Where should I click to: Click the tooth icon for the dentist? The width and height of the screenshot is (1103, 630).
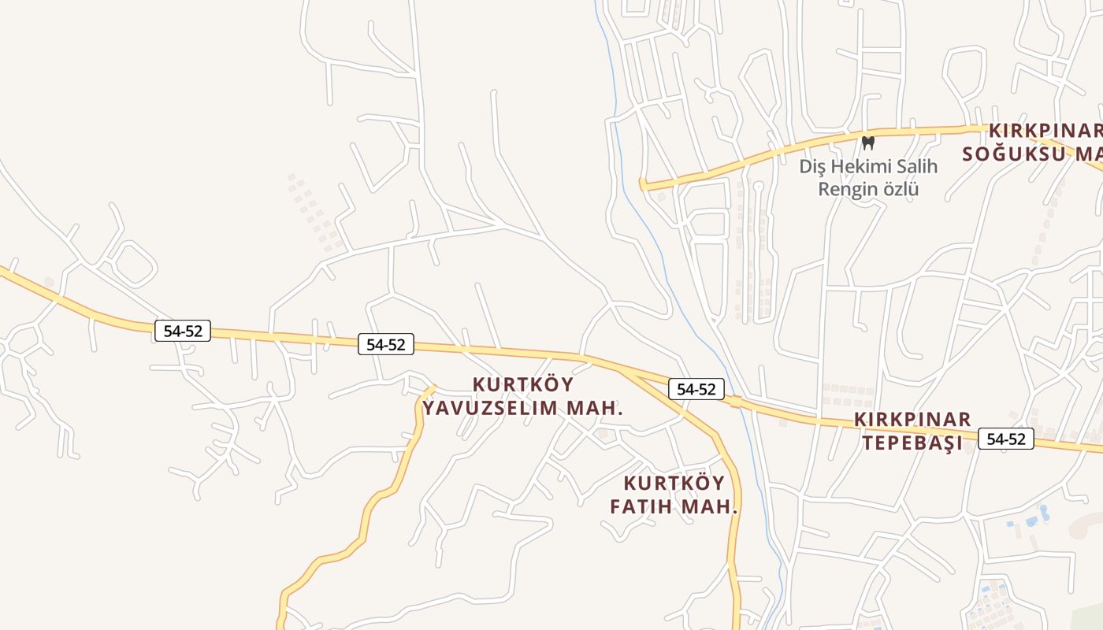click(x=868, y=143)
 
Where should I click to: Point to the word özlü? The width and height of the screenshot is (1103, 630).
click(x=901, y=189)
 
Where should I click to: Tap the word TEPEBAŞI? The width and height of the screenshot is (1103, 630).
click(x=912, y=443)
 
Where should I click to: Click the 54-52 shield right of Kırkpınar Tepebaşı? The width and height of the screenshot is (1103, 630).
click(x=1005, y=439)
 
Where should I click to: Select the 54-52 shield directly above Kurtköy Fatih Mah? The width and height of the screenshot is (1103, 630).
click(x=696, y=389)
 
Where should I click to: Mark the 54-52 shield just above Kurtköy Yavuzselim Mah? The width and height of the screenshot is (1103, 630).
click(x=386, y=344)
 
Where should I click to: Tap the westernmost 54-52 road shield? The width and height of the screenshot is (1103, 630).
click(x=183, y=331)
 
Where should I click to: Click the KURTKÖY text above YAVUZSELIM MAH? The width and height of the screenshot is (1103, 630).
click(x=523, y=385)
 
